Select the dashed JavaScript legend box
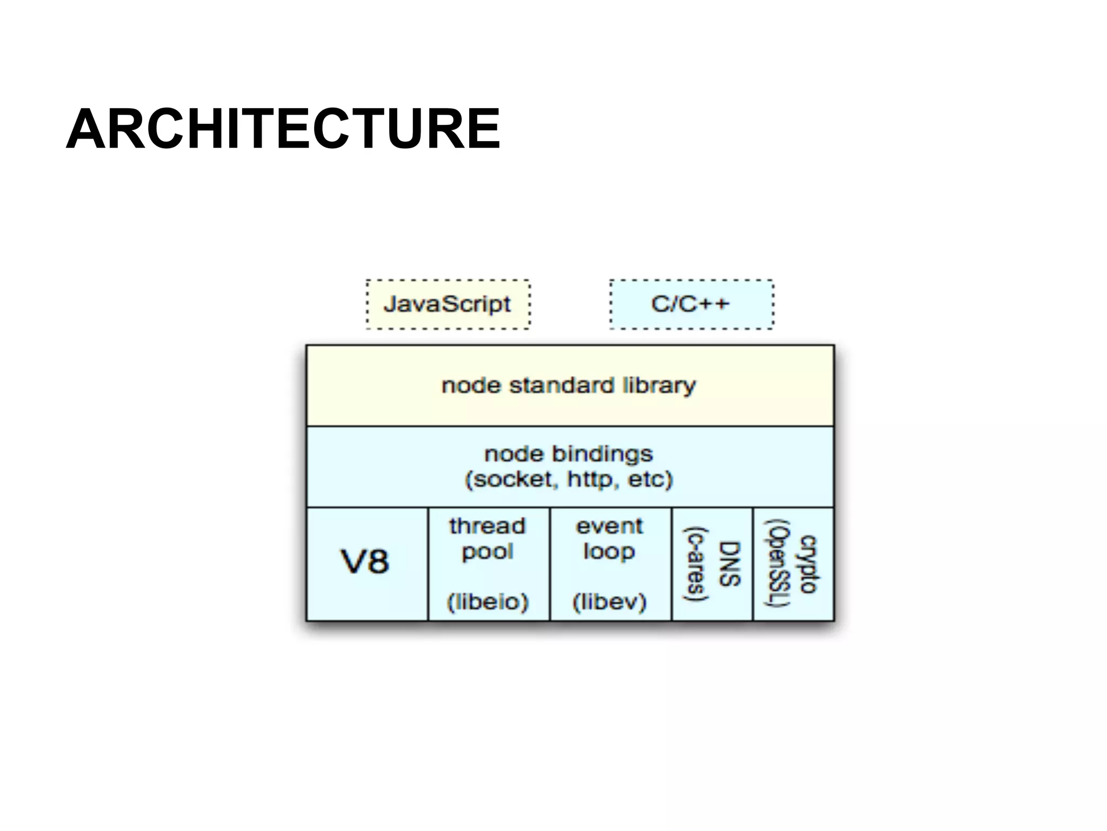[x=448, y=304]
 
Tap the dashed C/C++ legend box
[x=691, y=304]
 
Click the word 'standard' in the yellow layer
[x=561, y=385]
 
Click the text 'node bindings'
[x=569, y=453]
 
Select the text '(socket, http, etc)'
[x=569, y=479]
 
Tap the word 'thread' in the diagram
[x=487, y=526]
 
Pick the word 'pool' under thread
[x=487, y=552]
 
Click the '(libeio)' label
[x=487, y=602]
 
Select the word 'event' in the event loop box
[x=609, y=526]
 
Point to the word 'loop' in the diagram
[x=609, y=552]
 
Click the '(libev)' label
[x=609, y=602]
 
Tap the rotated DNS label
[x=729, y=564]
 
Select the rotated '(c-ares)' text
[x=696, y=564]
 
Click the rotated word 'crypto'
[x=808, y=564]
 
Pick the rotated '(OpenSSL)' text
[x=777, y=564]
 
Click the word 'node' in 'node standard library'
[x=471, y=385]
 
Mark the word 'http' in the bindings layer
[x=593, y=479]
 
